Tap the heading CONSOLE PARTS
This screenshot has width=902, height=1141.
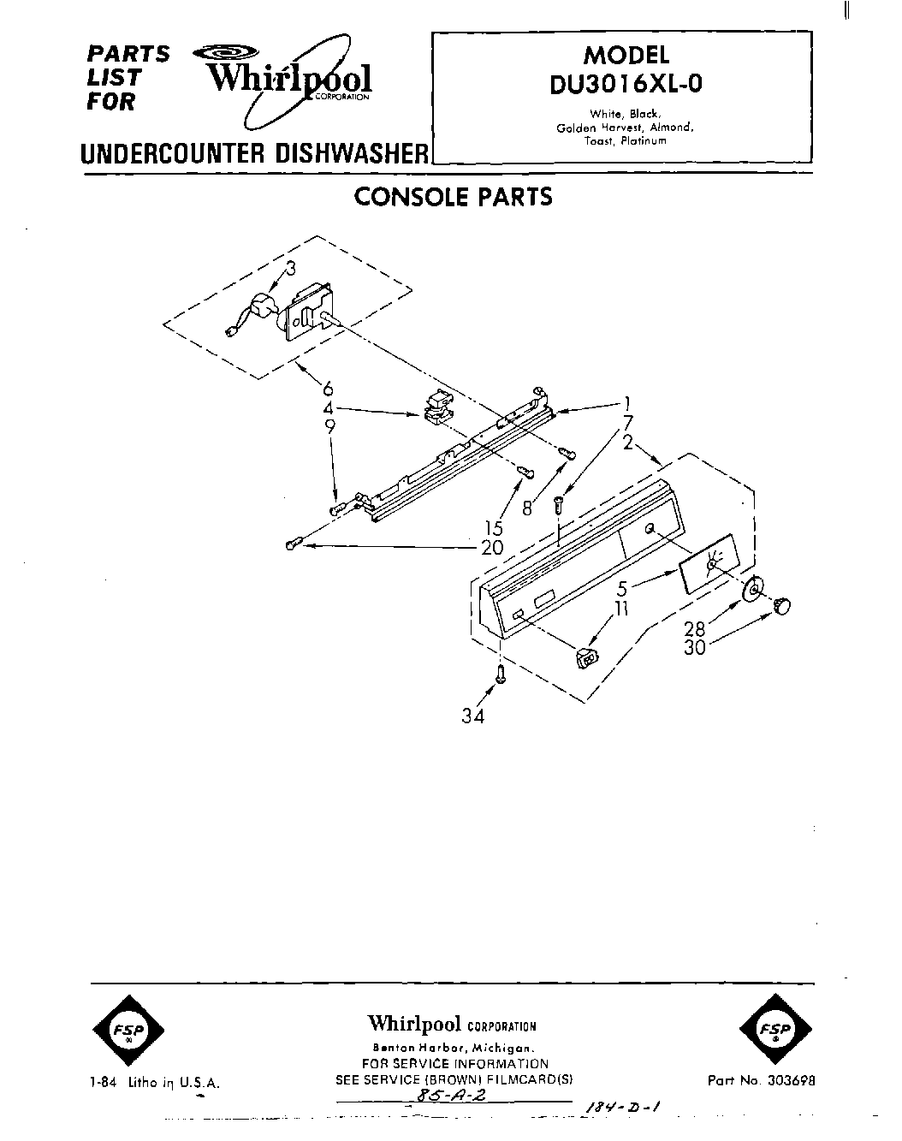453,197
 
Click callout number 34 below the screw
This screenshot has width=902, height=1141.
472,716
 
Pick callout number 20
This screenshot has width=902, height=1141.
493,547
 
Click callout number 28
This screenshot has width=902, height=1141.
694,630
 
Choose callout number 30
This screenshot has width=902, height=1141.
694,648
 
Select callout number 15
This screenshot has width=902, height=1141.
494,529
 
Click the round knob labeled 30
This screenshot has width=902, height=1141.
782,606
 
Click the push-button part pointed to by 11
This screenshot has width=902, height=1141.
585,658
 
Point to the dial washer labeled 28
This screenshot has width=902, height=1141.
754,591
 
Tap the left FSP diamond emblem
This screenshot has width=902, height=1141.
125,1029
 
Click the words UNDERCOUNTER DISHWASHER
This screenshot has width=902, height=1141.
253,154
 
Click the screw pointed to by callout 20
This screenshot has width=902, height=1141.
294,544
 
